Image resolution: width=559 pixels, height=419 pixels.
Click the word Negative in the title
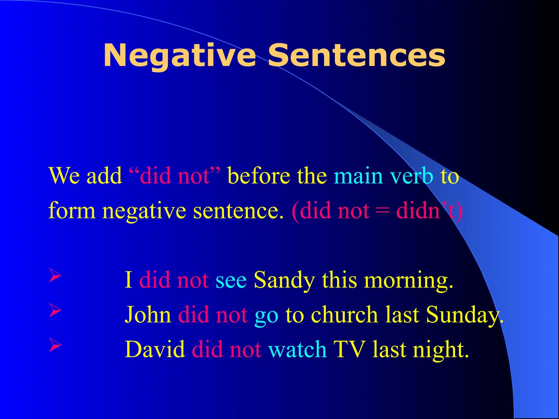click(x=180, y=56)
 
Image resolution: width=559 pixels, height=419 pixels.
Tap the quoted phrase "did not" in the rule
click(x=175, y=176)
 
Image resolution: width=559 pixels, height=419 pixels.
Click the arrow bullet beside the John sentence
click(x=55, y=311)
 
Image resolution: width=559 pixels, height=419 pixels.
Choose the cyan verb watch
click(x=298, y=350)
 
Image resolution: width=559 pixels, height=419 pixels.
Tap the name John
click(x=148, y=315)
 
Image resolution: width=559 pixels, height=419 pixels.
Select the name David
click(x=155, y=350)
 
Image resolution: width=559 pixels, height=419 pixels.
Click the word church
click(x=344, y=315)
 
